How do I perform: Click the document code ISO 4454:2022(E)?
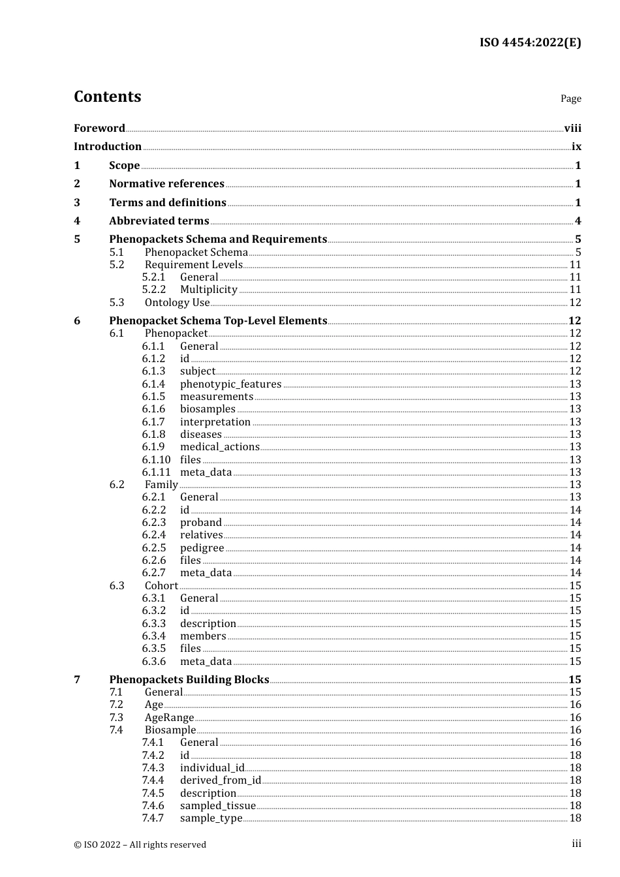(530, 42)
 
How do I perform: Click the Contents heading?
(107, 97)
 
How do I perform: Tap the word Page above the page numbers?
(570, 99)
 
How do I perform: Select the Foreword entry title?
(99, 128)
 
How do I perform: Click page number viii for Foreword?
(572, 128)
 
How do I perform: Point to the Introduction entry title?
(108, 146)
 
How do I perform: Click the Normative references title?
(166, 183)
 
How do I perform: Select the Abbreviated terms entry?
(159, 221)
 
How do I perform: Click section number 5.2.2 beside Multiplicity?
(154, 289)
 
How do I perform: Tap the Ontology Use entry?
(177, 302)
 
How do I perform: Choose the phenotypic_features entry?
(230, 384)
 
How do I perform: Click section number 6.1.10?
(156, 459)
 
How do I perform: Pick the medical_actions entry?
(219, 447)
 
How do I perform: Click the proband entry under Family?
(200, 522)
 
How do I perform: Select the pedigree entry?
(202, 548)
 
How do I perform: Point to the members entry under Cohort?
(203, 636)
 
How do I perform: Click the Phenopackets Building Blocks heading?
(189, 679)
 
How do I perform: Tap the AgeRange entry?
(169, 717)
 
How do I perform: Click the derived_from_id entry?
(220, 780)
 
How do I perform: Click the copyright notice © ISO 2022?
(140, 844)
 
